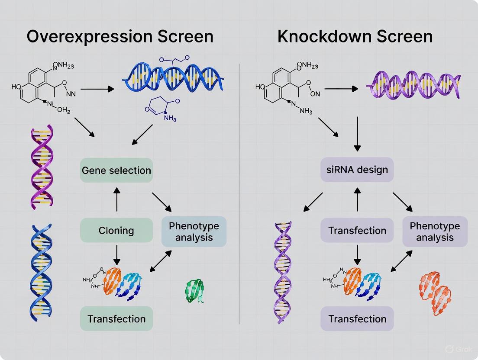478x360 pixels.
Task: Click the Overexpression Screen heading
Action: pyautogui.click(x=120, y=36)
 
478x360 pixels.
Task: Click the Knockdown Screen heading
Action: pyautogui.click(x=355, y=36)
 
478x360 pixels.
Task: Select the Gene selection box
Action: pyautogui.click(x=116, y=170)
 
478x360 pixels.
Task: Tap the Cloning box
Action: pyautogui.click(x=116, y=230)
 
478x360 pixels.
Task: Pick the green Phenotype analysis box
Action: pyautogui.click(x=194, y=231)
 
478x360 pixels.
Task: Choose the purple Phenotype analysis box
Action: pyautogui.click(x=435, y=231)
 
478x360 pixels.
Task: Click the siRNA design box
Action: pyautogui.click(x=357, y=169)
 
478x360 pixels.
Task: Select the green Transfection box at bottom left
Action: pyautogui.click(x=116, y=319)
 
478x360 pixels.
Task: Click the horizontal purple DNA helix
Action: pyautogui.click(x=413, y=84)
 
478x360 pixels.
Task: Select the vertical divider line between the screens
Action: pyautogui.click(x=239, y=195)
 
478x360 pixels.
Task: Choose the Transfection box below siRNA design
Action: pyautogui.click(x=357, y=230)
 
